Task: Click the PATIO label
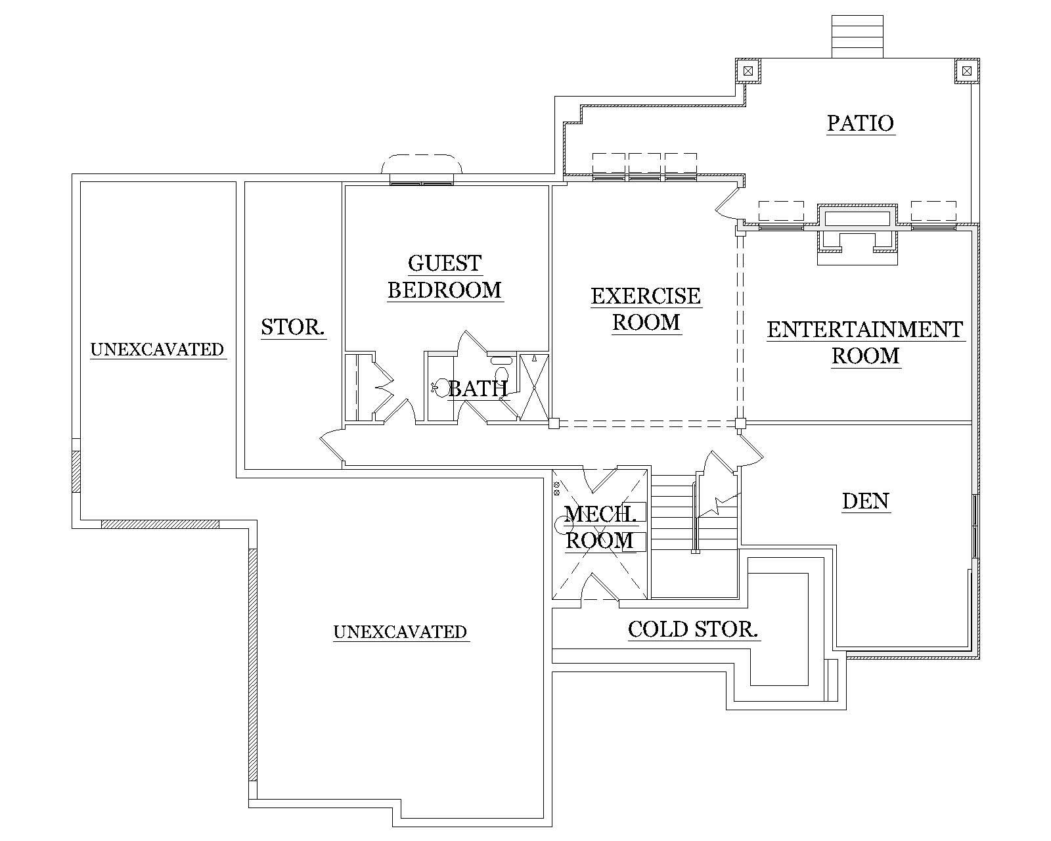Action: pyautogui.click(x=860, y=123)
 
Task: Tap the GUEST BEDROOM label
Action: pyautogui.click(x=445, y=277)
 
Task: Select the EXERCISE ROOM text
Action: pyautogui.click(x=646, y=309)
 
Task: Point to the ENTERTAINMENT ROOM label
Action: pyautogui.click(x=864, y=342)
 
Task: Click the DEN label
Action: pyautogui.click(x=865, y=501)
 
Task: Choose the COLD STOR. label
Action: pyautogui.click(x=693, y=629)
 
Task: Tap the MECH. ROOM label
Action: pyautogui.click(x=600, y=527)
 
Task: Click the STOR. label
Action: pyautogui.click(x=293, y=327)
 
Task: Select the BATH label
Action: pyautogui.click(x=478, y=389)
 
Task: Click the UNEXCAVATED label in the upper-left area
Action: pyautogui.click(x=157, y=350)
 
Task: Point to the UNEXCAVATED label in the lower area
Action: pyautogui.click(x=400, y=632)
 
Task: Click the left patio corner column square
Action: pyautogui.click(x=748, y=70)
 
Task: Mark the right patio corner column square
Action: pyautogui.click(x=966, y=70)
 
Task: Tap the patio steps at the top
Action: pyautogui.click(x=857, y=37)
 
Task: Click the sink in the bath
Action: pyautogui.click(x=441, y=386)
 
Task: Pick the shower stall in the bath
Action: pyautogui.click(x=533, y=386)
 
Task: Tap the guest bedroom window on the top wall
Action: pyautogui.click(x=421, y=179)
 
